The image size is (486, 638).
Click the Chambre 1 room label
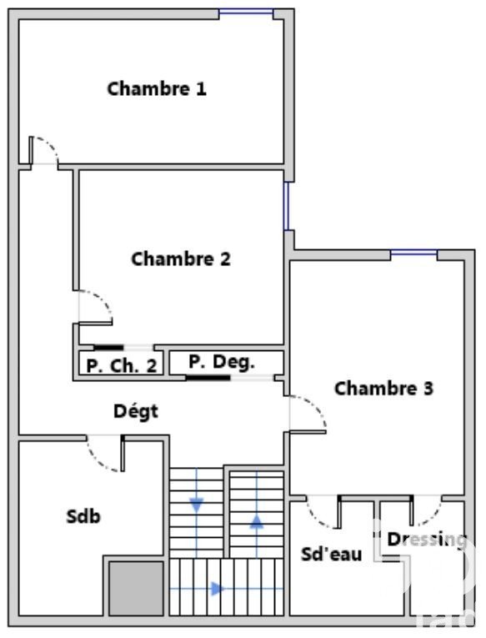tap(157, 88)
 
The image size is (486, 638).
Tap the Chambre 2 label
tap(181, 259)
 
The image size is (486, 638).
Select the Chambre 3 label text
tap(383, 388)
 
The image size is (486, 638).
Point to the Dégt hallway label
tap(136, 411)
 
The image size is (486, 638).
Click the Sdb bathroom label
tap(83, 516)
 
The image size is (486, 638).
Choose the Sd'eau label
tap(332, 554)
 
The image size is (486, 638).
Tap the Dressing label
tap(427, 540)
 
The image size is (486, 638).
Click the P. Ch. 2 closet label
tap(122, 366)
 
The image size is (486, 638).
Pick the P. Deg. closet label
tap(222, 361)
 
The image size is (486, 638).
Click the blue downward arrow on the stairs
tap(197, 505)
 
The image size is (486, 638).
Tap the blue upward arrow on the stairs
tap(256, 521)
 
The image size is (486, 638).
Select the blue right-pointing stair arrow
tap(218, 588)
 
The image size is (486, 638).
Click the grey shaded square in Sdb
tap(136, 588)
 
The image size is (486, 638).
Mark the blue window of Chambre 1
tap(246, 11)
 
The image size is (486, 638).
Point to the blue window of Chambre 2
tap(286, 206)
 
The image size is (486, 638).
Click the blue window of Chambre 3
tap(413, 254)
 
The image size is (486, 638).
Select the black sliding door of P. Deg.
tap(208, 378)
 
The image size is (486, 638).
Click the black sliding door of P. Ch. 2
tap(108, 348)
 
